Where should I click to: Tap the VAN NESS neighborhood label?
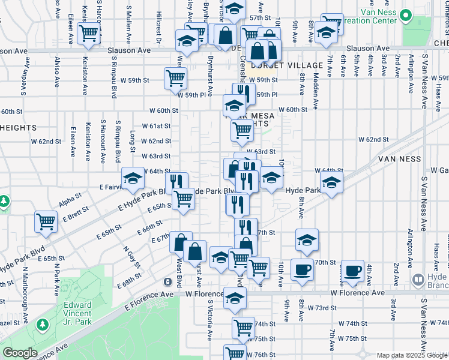point(400,158)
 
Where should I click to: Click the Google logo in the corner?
point(19,353)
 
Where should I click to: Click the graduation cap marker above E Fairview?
point(133,178)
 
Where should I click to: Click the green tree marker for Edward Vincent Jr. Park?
point(42,325)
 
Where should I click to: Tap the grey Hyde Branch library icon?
point(418,280)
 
